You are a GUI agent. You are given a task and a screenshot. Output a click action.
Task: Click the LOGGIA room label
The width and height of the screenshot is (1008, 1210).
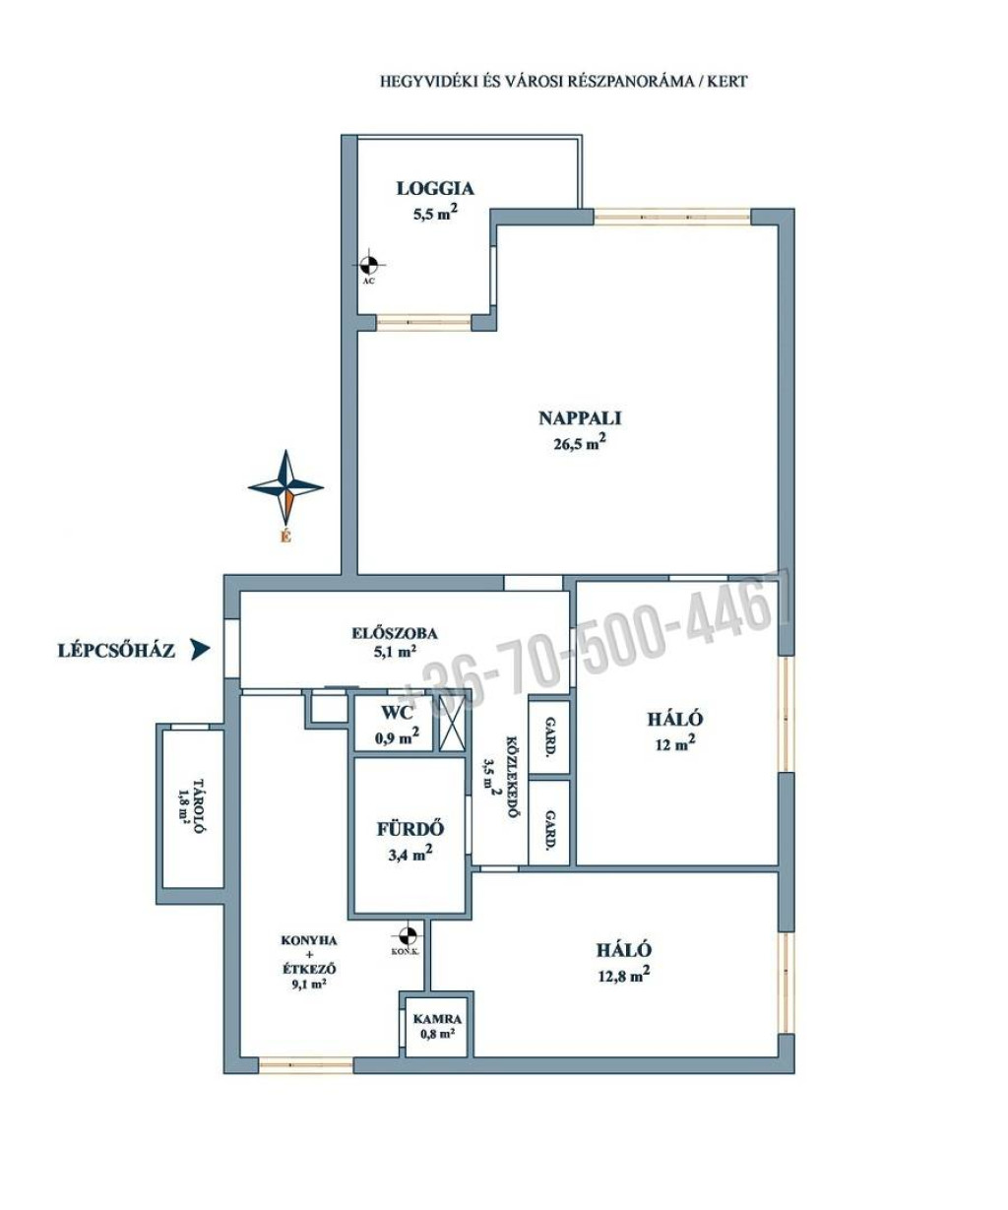(x=435, y=188)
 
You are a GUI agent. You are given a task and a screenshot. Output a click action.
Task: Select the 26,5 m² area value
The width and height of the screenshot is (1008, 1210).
(x=580, y=443)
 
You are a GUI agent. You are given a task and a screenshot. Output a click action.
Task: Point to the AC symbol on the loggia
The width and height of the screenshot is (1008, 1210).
(x=368, y=266)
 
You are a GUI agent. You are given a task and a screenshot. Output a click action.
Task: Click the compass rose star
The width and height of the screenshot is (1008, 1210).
(x=286, y=486)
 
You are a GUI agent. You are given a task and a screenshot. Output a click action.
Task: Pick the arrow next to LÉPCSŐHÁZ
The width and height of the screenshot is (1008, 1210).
(x=201, y=650)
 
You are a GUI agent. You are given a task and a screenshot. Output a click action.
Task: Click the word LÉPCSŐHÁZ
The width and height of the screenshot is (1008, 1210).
(x=116, y=651)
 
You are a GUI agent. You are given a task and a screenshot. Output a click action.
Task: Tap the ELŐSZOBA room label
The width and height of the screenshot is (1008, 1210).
(x=395, y=634)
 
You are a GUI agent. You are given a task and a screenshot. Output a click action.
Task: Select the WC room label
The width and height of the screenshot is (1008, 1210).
(x=397, y=713)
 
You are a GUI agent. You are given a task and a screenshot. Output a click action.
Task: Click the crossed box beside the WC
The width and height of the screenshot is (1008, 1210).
(x=452, y=723)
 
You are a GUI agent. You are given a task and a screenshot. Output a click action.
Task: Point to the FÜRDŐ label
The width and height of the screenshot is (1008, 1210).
(x=410, y=829)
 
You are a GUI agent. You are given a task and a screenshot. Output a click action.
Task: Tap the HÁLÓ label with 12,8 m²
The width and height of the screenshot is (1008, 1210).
(x=624, y=951)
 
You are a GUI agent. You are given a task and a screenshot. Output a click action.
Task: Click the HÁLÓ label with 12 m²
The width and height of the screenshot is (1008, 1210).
(x=675, y=719)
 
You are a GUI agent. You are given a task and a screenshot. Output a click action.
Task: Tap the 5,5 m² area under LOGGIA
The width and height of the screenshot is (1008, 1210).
(x=434, y=214)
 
